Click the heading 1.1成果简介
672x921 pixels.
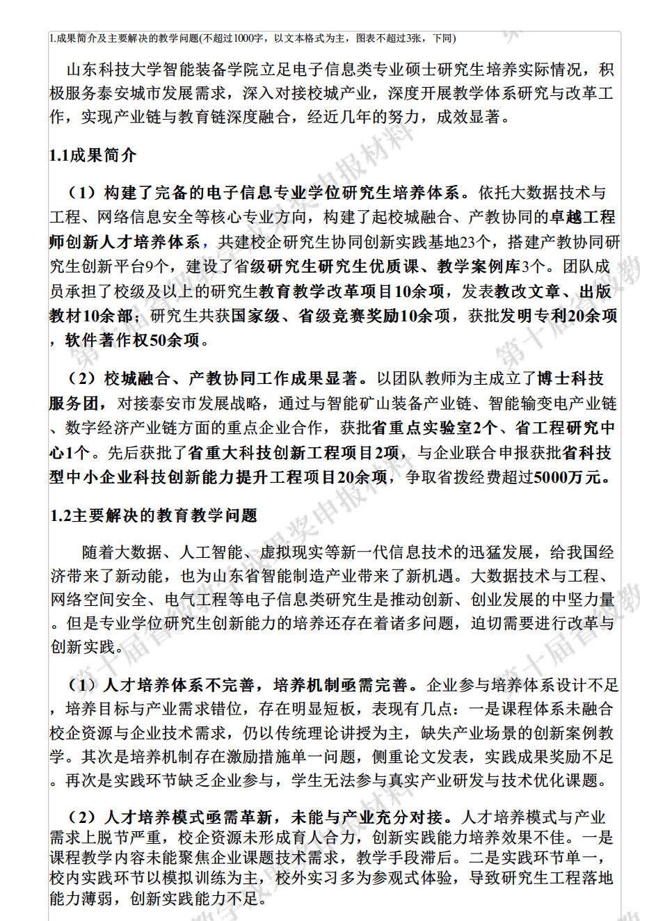click(93, 155)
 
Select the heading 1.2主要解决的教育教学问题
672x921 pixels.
click(154, 515)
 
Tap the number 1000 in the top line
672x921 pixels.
click(248, 38)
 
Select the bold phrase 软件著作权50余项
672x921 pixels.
click(132, 340)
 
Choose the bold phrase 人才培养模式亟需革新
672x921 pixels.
click(188, 817)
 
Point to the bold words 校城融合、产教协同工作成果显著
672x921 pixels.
click(230, 378)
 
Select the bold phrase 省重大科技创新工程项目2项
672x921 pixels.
click(293, 453)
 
